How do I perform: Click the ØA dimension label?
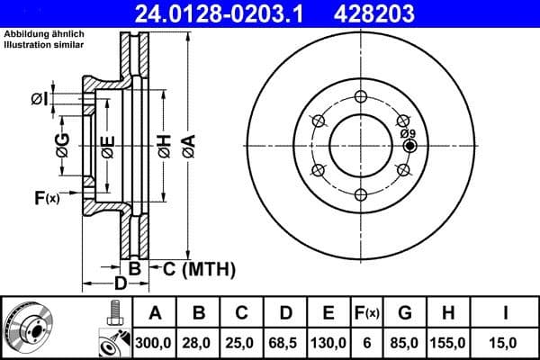point(187,146)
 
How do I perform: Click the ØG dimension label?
point(62,147)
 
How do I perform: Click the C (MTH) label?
point(197,268)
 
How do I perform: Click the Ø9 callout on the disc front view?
point(407,133)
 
